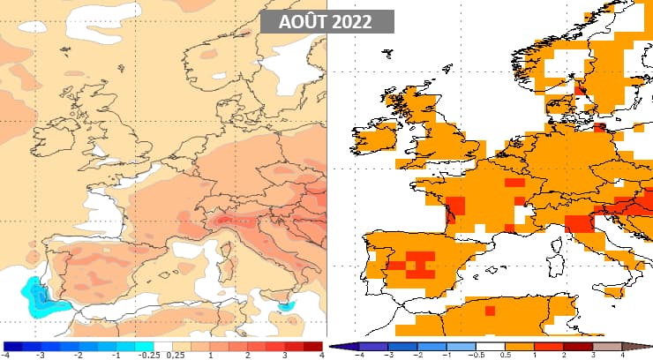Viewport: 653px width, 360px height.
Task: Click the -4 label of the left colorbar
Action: tap(6, 356)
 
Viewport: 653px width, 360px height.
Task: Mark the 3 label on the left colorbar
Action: tap(284, 356)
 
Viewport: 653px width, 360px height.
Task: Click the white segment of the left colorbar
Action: tap(163, 346)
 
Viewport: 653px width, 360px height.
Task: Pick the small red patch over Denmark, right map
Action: tap(581, 87)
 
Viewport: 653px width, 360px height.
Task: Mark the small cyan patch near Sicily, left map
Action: tap(286, 305)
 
